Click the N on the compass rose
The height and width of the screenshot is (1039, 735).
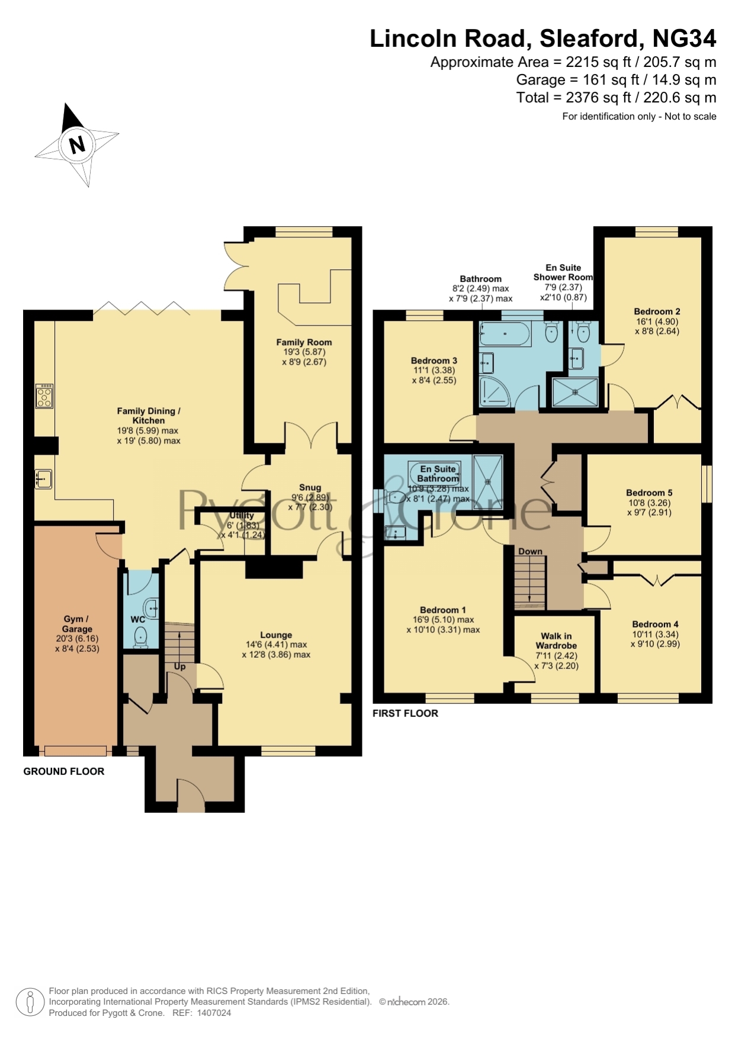77,145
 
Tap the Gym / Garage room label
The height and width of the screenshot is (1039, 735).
77,624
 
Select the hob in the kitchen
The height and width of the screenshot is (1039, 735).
44,396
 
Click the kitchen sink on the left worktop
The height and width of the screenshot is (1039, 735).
44,478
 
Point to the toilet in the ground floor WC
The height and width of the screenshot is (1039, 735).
141,637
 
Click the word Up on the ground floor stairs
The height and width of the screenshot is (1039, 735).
180,667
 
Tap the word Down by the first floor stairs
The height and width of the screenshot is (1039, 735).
530,551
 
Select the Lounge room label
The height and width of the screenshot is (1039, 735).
276,635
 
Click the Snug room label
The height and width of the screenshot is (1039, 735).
310,487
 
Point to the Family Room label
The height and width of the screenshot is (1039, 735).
304,342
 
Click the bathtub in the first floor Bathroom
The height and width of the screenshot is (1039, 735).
505,334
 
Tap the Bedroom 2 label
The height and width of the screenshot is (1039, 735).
657,311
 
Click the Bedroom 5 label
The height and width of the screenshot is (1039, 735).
649,493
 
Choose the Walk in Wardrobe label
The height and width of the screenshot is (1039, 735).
556,641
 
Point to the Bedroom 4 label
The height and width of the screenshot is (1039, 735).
655,624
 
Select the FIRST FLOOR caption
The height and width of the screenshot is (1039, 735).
405,713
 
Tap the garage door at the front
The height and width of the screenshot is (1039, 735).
75,751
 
